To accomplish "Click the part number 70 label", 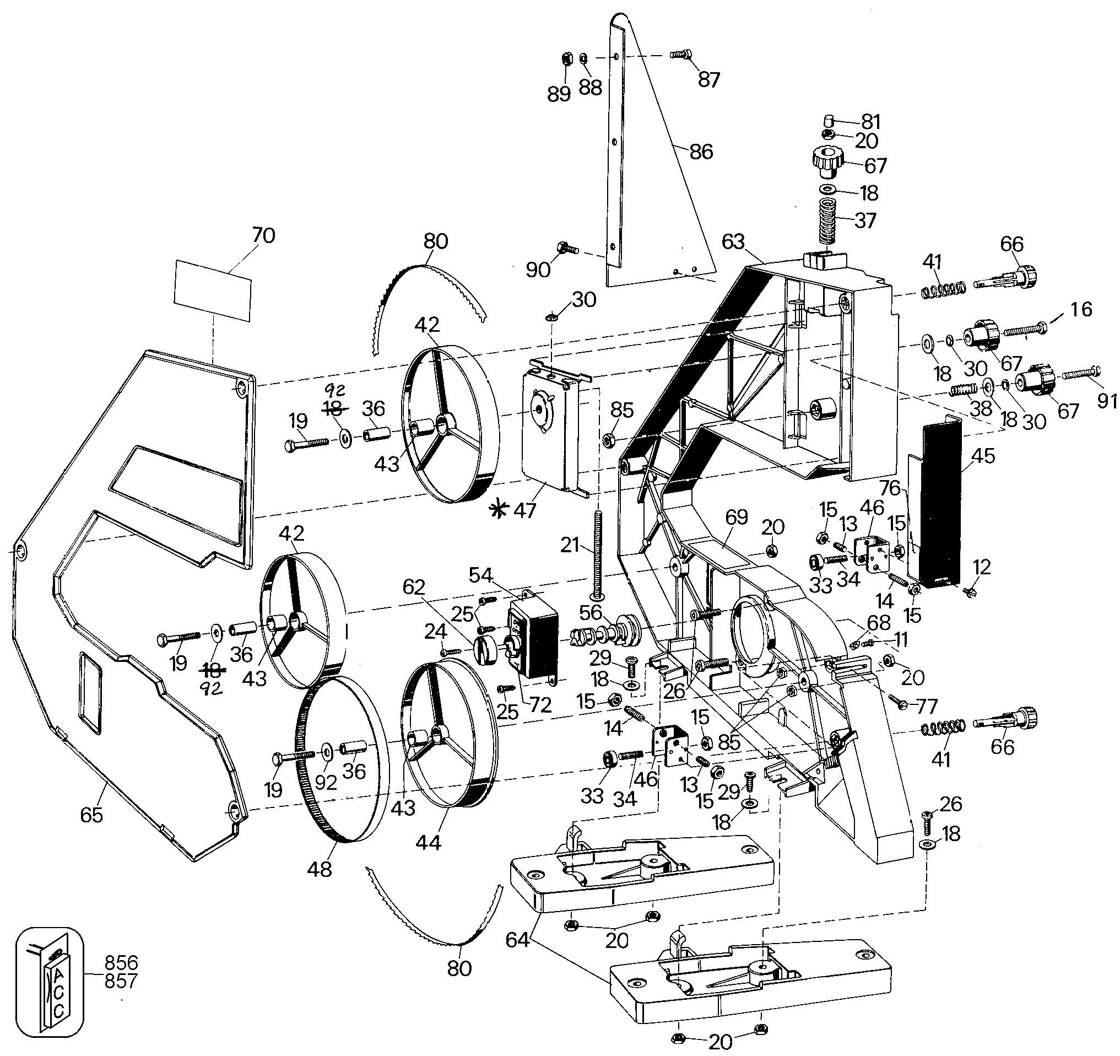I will [x=263, y=235].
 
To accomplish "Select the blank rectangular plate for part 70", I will [x=213, y=291].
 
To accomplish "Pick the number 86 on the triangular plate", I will [x=701, y=152].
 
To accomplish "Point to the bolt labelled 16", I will [x=1025, y=329].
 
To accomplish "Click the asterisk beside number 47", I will [x=498, y=510].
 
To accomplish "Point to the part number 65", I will [x=92, y=815].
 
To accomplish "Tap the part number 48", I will [x=320, y=869].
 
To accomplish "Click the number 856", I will [x=121, y=962].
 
